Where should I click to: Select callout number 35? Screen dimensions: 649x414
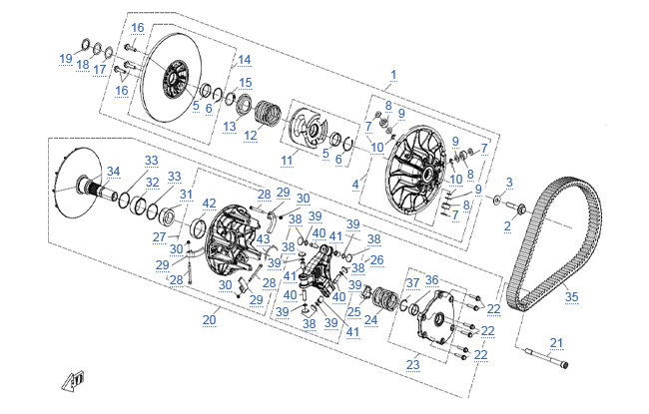point(571,296)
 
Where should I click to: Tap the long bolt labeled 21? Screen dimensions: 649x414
point(546,358)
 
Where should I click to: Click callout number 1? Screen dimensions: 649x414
point(393,75)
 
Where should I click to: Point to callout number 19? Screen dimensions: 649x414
point(66,59)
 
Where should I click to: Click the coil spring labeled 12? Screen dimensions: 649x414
point(267,112)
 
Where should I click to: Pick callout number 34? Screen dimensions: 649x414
point(114,172)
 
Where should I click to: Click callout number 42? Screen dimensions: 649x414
point(209,204)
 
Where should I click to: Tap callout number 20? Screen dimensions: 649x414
point(210,319)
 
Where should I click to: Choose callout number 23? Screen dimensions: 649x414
point(412,365)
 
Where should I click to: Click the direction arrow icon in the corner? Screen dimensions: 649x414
point(74,380)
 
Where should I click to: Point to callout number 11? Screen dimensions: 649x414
point(287,160)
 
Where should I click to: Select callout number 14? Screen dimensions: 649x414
point(245,60)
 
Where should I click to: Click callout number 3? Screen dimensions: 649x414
point(509,183)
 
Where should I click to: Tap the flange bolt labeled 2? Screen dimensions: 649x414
point(516,206)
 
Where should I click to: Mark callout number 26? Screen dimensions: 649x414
point(376,260)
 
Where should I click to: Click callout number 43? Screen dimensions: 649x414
point(263,239)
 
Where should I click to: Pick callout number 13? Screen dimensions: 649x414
point(230,126)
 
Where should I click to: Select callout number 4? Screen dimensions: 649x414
point(355,185)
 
